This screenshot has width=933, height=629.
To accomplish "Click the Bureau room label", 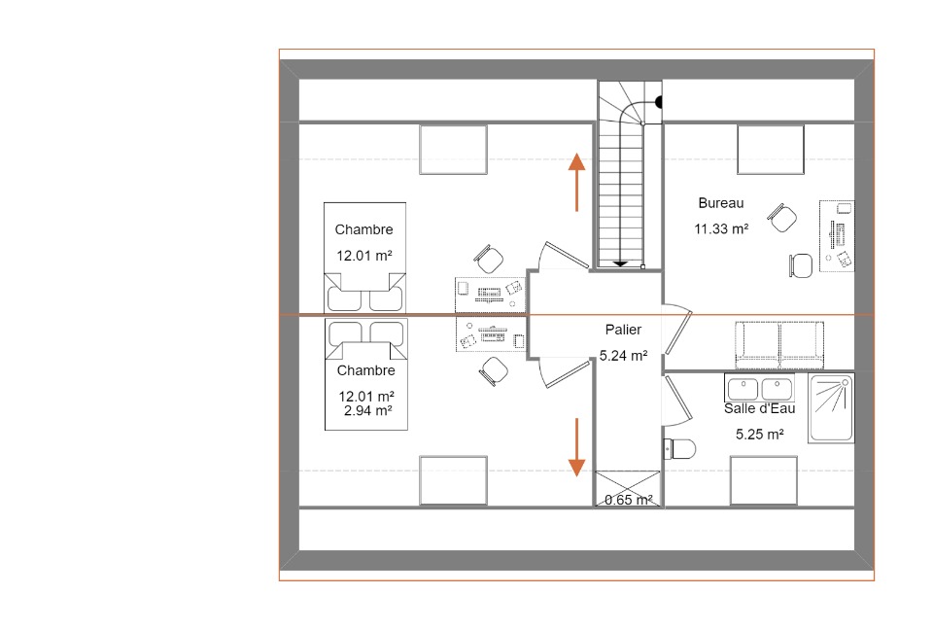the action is point(720,203).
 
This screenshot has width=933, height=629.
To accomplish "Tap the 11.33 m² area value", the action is point(721,228).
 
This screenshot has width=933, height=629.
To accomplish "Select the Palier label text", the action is point(623,329).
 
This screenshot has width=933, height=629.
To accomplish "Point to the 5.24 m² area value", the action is point(623,355).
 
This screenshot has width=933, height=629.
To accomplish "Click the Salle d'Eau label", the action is point(759,408).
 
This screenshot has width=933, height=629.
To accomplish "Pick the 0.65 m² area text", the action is point(629,500).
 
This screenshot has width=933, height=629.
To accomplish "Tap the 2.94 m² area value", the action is point(367,410).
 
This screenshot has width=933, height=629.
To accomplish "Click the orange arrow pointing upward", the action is point(576,182).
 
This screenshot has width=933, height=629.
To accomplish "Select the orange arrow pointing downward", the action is point(576,447).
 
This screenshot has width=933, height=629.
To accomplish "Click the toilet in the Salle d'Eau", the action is point(679,449).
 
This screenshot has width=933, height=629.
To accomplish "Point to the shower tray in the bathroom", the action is point(831,408).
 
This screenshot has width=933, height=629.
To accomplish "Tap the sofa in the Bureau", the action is point(779,345).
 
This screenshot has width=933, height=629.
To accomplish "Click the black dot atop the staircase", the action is point(659,102).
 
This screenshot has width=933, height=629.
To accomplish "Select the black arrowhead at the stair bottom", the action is point(621,263).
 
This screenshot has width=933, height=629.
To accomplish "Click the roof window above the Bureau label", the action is point(771,150).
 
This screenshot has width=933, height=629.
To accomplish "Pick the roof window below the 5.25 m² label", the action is point(764,481).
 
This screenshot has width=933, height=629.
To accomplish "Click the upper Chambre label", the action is point(363,229).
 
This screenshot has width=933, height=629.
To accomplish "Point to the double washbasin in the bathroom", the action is point(759,388).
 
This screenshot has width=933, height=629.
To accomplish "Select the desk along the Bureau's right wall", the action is point(837,236).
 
